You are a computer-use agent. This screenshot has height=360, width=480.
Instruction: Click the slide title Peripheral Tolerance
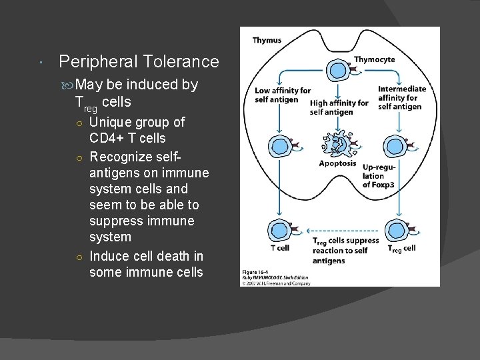point(139,62)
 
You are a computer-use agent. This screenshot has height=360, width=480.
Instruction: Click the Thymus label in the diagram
point(267,40)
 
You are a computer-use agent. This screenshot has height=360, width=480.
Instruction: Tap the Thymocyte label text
point(374,59)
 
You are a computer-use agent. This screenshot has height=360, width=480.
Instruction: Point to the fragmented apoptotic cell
point(340,142)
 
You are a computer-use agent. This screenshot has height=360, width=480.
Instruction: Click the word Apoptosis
point(337,163)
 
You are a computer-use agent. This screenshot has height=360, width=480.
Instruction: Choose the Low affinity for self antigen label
point(282,95)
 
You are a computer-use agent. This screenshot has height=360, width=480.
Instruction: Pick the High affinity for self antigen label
point(339,107)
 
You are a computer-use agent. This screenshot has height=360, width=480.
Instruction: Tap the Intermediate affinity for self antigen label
point(401,97)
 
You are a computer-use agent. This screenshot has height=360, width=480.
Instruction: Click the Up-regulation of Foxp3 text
point(380,175)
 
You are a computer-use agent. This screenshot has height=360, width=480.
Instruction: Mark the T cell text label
point(279,248)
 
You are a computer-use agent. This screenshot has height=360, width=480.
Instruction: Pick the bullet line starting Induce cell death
point(146,256)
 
